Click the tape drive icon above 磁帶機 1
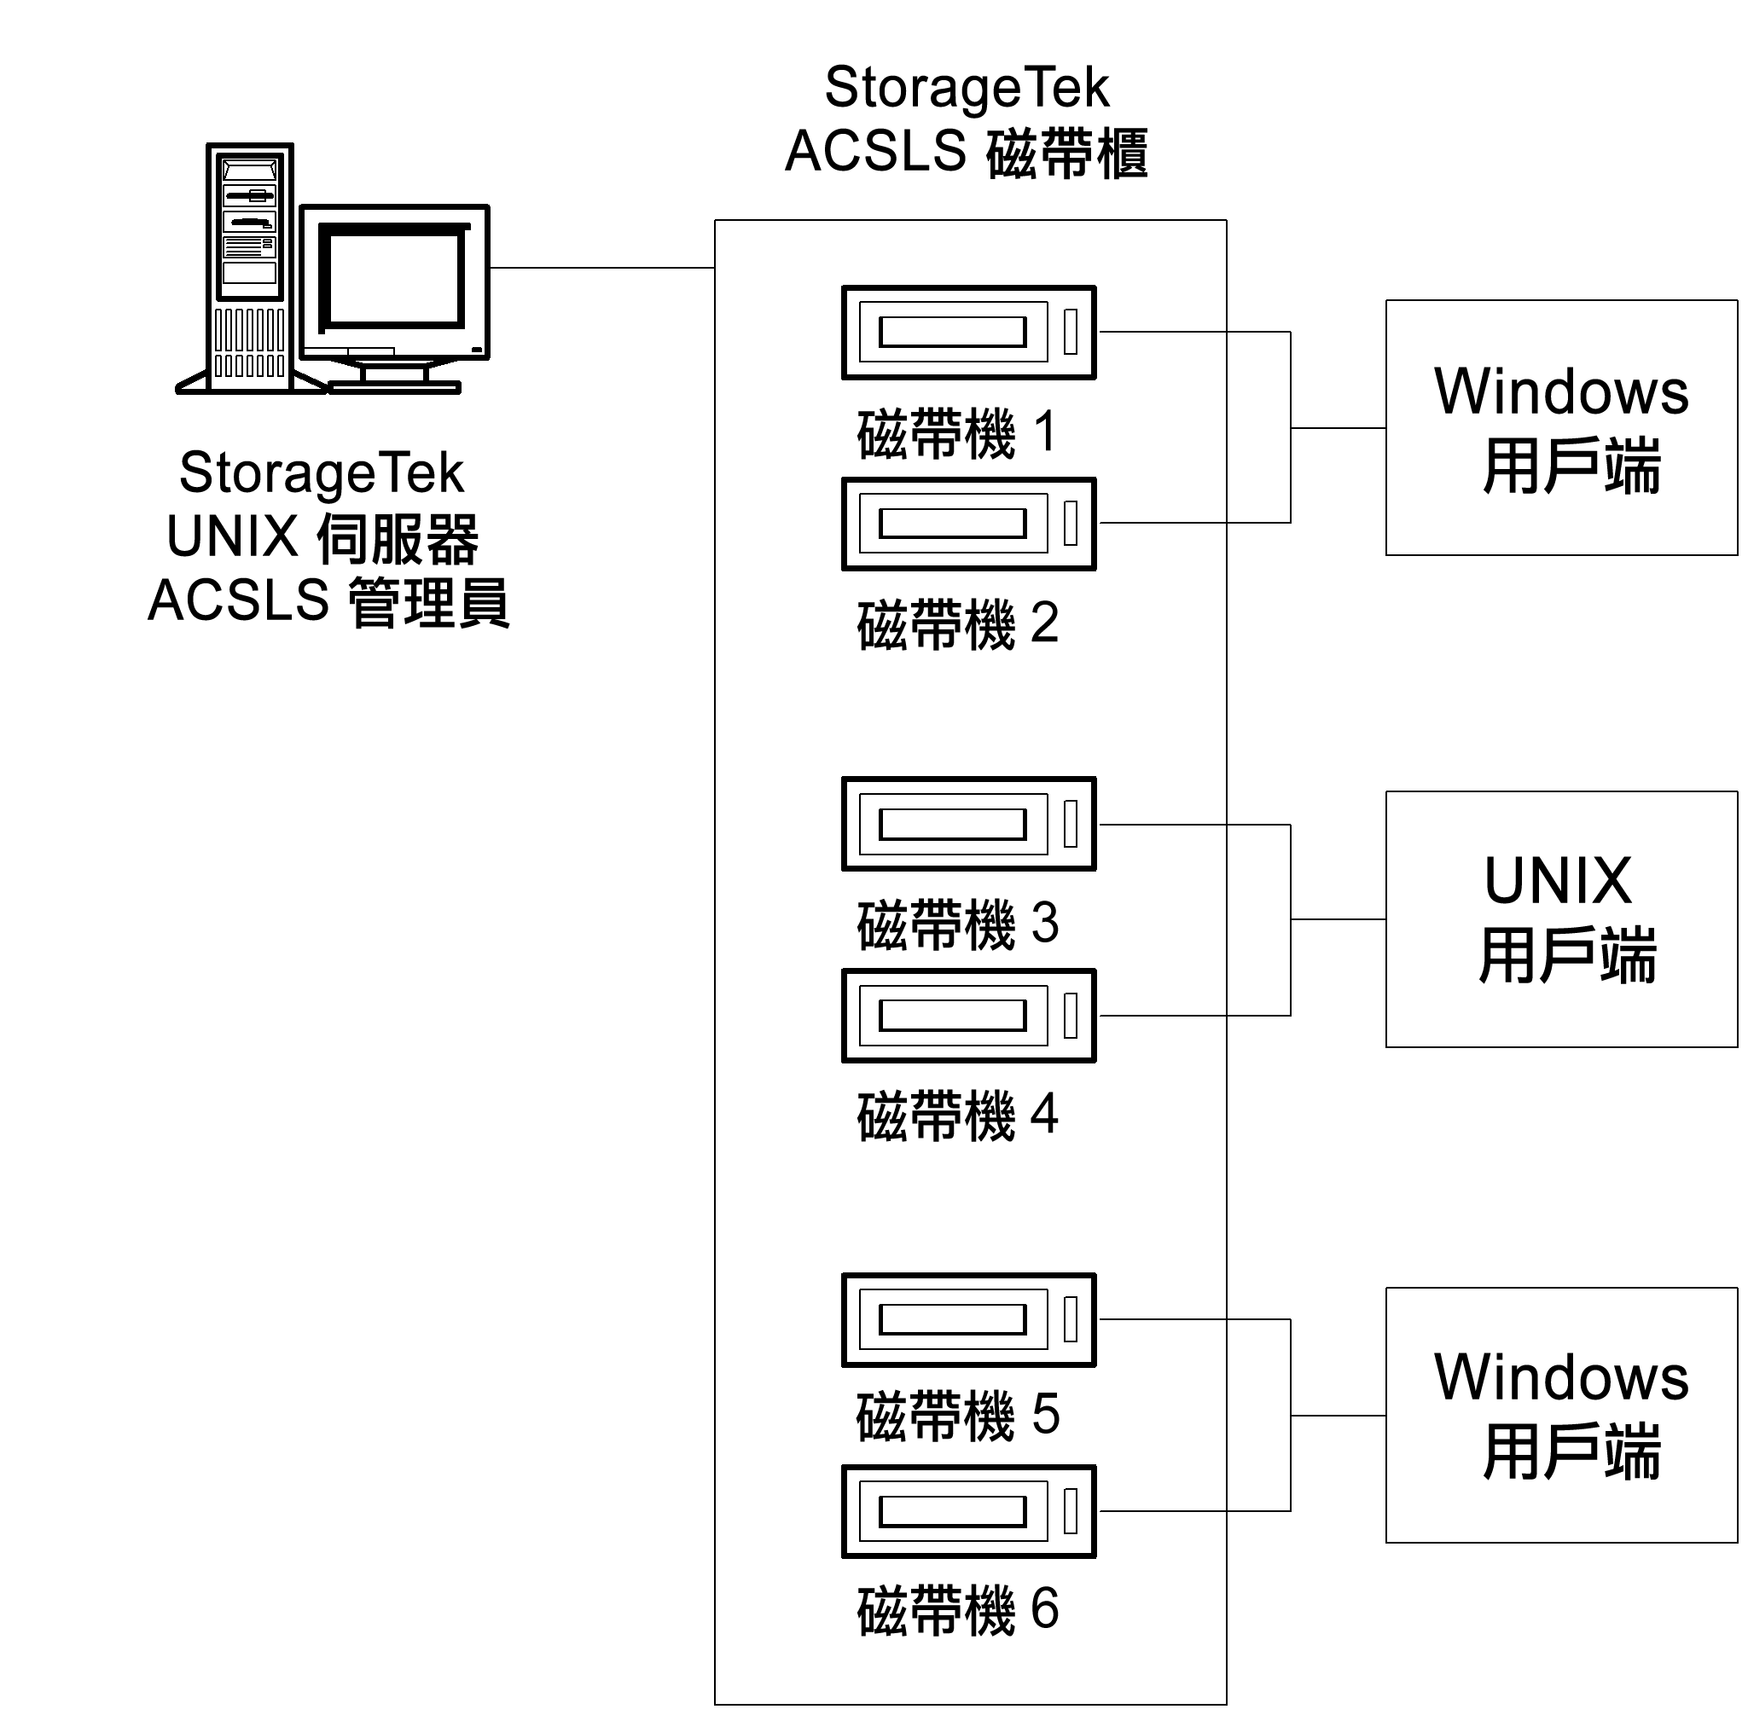[x=967, y=333]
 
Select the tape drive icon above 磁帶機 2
[x=967, y=524]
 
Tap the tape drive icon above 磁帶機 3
[x=967, y=823]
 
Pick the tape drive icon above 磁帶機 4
[x=967, y=1015]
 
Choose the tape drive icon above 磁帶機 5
[x=967, y=1319]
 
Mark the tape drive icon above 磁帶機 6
[x=967, y=1511]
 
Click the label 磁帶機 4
[x=957, y=1115]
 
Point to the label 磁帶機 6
[x=957, y=1610]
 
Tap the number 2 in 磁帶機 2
[x=1043, y=623]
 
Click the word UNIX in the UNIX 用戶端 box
[x=1558, y=881]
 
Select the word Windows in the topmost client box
[x=1560, y=391]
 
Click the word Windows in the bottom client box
[x=1560, y=1377]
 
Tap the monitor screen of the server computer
[x=395, y=278]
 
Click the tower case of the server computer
[x=250, y=268]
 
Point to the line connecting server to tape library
[x=602, y=268]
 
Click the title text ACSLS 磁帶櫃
[x=966, y=151]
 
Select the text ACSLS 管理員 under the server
[x=329, y=600]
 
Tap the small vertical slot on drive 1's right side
[x=1071, y=332]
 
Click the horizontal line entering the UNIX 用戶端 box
[x=1337, y=919]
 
